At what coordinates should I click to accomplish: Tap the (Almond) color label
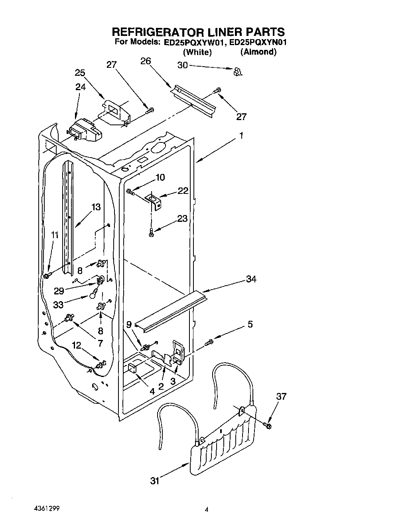click(x=258, y=52)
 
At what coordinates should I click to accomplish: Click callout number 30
click(x=183, y=65)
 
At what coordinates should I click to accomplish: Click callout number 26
click(x=146, y=61)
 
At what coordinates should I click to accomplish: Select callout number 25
click(x=80, y=73)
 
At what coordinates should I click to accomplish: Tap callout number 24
click(x=81, y=87)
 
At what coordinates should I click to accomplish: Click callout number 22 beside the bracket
click(x=183, y=191)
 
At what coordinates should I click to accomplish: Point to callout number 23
click(x=182, y=219)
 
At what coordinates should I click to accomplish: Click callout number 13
click(x=96, y=207)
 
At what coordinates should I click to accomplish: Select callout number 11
click(x=55, y=235)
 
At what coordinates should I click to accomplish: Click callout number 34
click(x=251, y=279)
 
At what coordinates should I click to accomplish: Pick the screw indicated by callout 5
click(x=209, y=342)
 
